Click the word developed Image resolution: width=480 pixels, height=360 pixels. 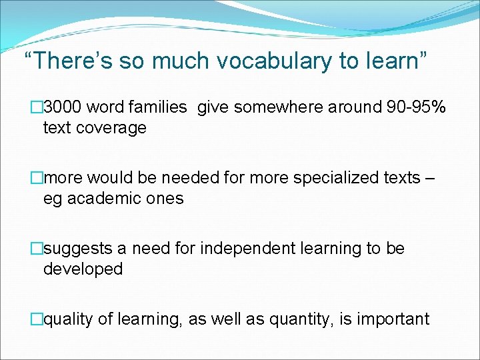[x=83, y=269]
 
